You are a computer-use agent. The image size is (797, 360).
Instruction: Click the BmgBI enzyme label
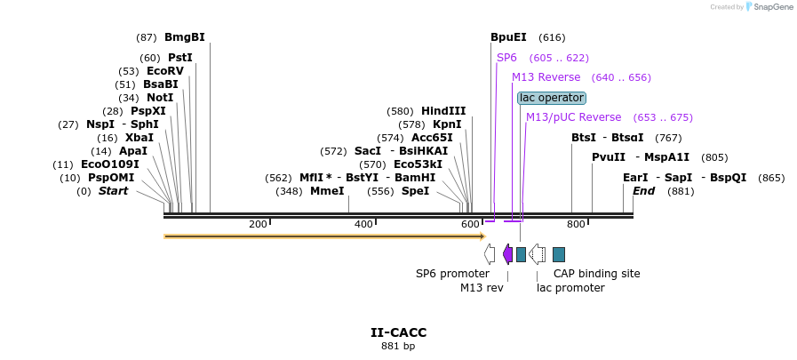pos(184,37)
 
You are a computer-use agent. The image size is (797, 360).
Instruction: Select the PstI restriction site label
pos(179,58)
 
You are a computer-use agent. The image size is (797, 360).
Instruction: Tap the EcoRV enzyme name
pos(164,71)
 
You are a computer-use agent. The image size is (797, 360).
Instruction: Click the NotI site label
pos(160,98)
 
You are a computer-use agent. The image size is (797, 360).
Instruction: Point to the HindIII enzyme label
pos(443,111)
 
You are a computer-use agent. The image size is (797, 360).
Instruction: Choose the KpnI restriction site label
pos(447,124)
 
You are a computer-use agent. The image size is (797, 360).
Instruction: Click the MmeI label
pos(327,191)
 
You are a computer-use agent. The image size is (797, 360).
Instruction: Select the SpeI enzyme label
pos(415,191)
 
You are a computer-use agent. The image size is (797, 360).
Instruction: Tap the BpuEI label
pos(508,37)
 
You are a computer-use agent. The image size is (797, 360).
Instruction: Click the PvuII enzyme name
pos(609,157)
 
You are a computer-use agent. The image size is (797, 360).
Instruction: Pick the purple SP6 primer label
pos(506,58)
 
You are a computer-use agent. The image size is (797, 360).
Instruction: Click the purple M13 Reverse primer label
pos(546,77)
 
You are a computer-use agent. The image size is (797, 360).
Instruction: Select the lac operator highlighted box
pos(552,98)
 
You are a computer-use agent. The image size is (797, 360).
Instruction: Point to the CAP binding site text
pos(596,274)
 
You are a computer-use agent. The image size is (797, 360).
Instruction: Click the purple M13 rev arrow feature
pos(507,254)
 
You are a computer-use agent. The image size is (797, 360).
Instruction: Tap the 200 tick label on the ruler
pos(258,225)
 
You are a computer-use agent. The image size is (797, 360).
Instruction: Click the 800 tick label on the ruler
pos(576,225)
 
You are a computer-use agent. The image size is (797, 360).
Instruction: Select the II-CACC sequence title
pos(398,332)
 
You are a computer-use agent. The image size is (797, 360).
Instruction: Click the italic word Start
pos(113,191)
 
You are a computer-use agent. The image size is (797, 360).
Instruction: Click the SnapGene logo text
pos(772,7)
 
